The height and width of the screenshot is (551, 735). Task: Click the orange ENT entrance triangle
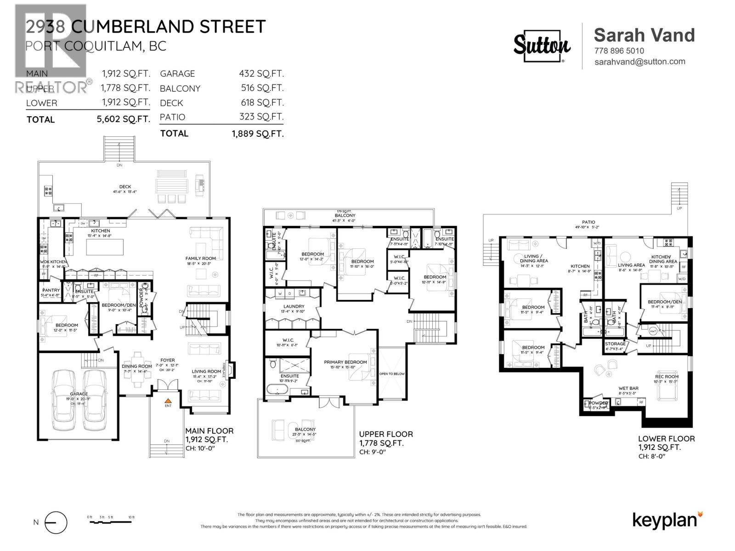pos(168,401)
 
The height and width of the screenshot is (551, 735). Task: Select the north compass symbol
pos(56,523)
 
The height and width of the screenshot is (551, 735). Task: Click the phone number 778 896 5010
pos(619,51)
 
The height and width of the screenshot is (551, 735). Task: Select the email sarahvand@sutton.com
pos(639,62)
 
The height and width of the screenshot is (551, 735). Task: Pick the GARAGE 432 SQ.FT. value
pos(261,73)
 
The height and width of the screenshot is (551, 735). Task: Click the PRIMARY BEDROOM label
pos(345,362)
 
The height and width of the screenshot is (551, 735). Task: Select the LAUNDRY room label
pos(294,306)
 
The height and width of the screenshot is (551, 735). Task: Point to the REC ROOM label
pos(666,377)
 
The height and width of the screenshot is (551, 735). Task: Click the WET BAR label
pos(628,388)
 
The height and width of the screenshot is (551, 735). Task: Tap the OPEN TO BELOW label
pos(392,374)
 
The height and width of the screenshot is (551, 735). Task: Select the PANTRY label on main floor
pos(51,290)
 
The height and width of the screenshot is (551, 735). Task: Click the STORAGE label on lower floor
pos(615,343)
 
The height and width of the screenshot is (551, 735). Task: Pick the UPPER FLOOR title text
pos(385,434)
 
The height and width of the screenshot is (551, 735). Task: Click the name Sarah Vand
pos(644,35)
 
